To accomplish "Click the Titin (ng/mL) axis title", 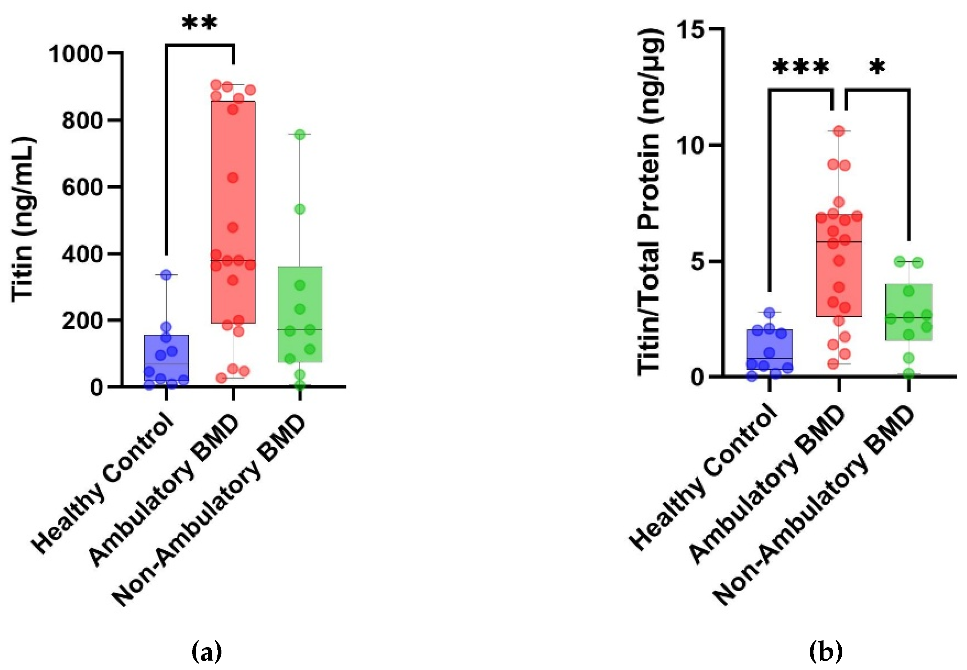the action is click(x=22, y=219).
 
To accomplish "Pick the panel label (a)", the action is click(x=206, y=652).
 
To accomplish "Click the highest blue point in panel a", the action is click(x=166, y=275).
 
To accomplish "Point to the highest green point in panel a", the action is click(x=300, y=135).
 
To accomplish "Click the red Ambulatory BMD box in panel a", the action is click(x=233, y=212).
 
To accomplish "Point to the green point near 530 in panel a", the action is click(x=300, y=209).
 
